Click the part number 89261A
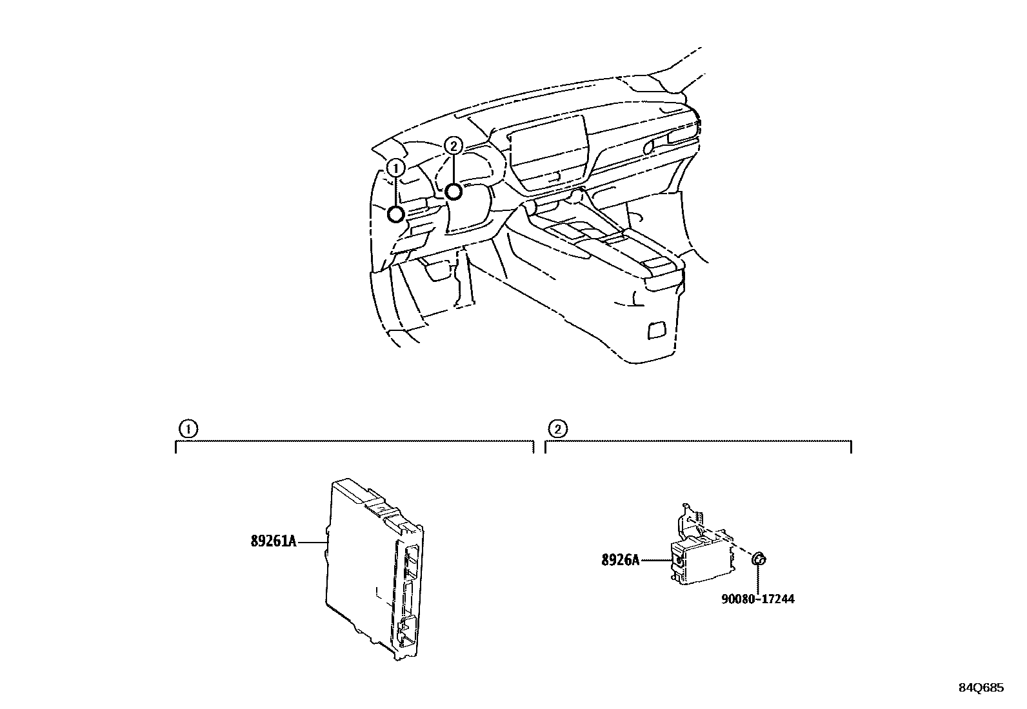[x=274, y=541]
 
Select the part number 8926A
[x=621, y=560]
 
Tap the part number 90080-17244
[x=758, y=599]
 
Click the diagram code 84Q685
[x=981, y=688]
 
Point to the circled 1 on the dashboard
[x=395, y=168]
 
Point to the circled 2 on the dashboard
[x=454, y=146]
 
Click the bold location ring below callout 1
[x=396, y=214]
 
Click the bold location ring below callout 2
[x=454, y=192]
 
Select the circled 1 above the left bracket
[x=188, y=429]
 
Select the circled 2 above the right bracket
[x=557, y=429]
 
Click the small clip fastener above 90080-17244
[x=759, y=559]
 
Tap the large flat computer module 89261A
[x=374, y=569]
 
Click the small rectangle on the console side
[x=657, y=330]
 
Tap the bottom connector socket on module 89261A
[x=408, y=631]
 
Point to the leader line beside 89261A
[x=312, y=542]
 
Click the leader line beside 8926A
[x=655, y=560]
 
